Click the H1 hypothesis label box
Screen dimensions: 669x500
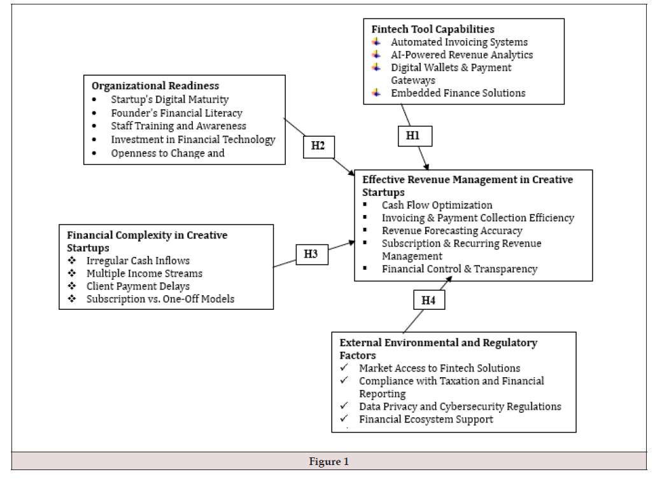tap(415, 136)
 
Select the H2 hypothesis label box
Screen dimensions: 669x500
tap(319, 147)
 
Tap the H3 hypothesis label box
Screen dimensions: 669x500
tap(312, 254)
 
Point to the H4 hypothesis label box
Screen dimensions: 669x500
tap(429, 300)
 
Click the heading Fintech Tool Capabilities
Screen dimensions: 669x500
tap(433, 29)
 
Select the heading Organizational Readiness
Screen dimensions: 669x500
tap(155, 86)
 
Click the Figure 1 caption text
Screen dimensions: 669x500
tap(329, 462)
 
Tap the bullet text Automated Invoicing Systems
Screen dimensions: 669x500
tap(459, 42)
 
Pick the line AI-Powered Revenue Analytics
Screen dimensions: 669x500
tap(461, 55)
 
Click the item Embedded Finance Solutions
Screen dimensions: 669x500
tap(458, 93)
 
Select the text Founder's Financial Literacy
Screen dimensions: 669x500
tap(176, 113)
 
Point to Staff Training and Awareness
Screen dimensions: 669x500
tap(178, 126)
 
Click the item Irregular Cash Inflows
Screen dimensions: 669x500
tap(138, 260)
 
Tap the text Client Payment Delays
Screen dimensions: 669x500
tap(138, 286)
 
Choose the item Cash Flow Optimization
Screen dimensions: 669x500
tap(437, 205)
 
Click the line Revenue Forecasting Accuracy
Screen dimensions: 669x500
tap(452, 231)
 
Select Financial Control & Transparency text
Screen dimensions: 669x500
tap(460, 269)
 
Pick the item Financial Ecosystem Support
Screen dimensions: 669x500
tap(426, 419)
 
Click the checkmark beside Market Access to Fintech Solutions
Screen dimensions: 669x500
tap(344, 368)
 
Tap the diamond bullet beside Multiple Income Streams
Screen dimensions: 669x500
tap(72, 274)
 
